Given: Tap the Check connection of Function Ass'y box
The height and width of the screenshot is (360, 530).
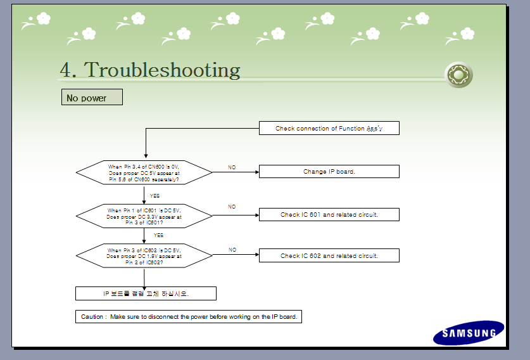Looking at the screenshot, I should click(x=329, y=129).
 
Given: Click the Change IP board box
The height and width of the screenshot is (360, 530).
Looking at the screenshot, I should click(x=329, y=172).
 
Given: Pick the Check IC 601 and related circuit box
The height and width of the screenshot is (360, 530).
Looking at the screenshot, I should click(x=329, y=215).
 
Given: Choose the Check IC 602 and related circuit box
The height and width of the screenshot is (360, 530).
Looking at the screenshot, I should click(x=329, y=256).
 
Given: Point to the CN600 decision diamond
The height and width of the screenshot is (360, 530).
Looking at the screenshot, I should click(x=144, y=172).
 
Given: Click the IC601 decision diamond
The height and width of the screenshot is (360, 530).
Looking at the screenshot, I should click(x=144, y=215).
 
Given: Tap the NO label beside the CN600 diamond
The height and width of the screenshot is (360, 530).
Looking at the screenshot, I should click(x=232, y=167).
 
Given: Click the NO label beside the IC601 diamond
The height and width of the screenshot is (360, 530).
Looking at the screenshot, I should click(x=232, y=207).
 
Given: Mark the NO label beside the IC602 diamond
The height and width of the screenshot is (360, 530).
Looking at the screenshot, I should click(x=232, y=250).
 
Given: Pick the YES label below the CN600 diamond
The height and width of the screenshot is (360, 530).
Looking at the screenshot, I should click(x=155, y=196).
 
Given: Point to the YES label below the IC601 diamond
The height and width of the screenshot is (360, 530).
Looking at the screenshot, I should click(x=158, y=235).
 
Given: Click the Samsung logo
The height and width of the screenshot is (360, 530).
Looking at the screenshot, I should click(x=469, y=333).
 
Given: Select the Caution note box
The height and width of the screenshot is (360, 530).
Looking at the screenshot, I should click(x=188, y=316).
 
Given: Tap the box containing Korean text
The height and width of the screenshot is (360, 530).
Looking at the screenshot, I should click(x=146, y=293).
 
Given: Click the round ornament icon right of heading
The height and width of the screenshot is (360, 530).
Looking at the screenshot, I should click(x=458, y=75).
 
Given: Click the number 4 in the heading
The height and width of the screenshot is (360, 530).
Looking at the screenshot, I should click(x=65, y=70).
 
